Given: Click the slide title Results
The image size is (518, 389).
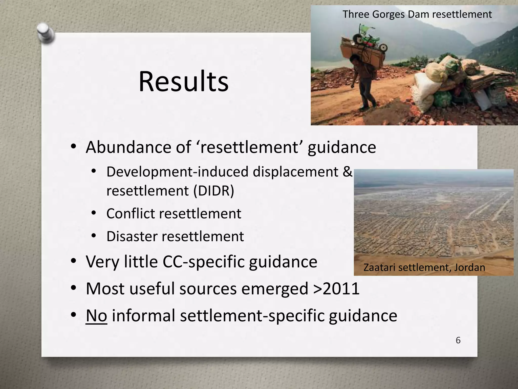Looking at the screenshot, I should [183, 82].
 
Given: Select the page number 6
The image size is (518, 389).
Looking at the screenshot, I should [458, 340].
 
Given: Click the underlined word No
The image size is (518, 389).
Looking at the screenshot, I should [96, 316].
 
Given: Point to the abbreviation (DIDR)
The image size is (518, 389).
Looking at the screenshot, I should [214, 191].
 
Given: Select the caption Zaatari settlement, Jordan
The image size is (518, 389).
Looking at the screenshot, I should [424, 267].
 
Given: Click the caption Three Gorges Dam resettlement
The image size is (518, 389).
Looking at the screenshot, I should [417, 14].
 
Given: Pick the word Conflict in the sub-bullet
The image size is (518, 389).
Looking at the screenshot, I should [131, 213].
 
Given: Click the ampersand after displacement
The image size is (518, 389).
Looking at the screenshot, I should [347, 172].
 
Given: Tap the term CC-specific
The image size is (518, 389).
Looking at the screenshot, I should [204, 262].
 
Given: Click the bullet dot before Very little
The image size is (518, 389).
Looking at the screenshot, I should [73, 261].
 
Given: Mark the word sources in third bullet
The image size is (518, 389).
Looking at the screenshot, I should [208, 288].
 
